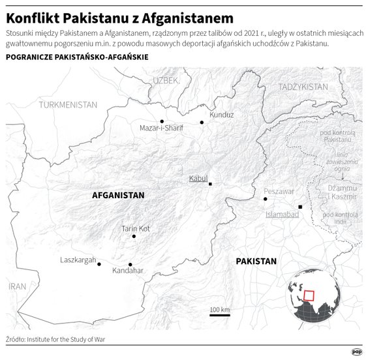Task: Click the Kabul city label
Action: pyautogui.click(x=197, y=177)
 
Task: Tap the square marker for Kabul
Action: pyautogui.click(x=210, y=184)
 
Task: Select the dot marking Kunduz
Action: pyautogui.click(x=202, y=122)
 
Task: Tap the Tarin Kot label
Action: pyautogui.click(x=136, y=228)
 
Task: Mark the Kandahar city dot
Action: pyautogui.click(x=130, y=264)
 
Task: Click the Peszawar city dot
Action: pyautogui.click(x=265, y=198)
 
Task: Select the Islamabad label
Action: pyautogui.click(x=283, y=213)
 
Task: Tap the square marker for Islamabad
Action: pyautogui.click(x=300, y=207)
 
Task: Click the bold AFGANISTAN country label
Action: pyautogui.click(x=118, y=195)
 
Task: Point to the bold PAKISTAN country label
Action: pyautogui.click(x=256, y=261)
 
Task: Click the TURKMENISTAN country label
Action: pyautogui.click(x=68, y=104)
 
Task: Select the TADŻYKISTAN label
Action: pyautogui.click(x=303, y=86)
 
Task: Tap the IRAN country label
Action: pyautogui.click(x=17, y=286)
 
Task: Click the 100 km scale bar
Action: pyautogui.click(x=220, y=314)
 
